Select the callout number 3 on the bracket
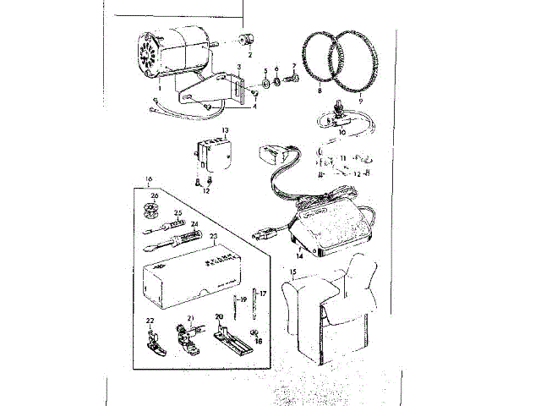click(x=239, y=67)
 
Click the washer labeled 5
click(x=266, y=83)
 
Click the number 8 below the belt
click(x=320, y=89)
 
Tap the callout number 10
click(x=342, y=132)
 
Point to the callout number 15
click(x=292, y=272)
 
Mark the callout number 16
click(x=149, y=179)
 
